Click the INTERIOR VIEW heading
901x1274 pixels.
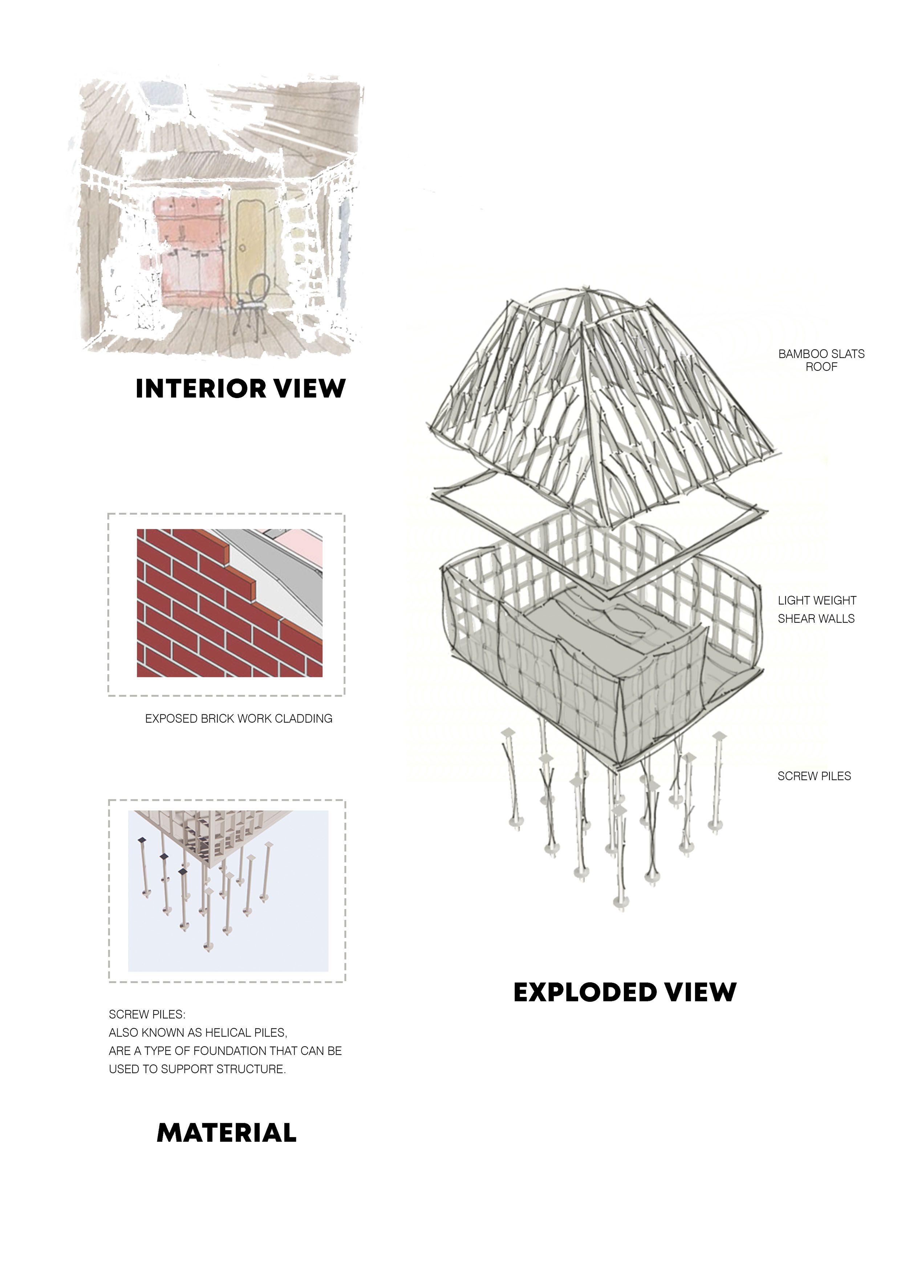[240, 389]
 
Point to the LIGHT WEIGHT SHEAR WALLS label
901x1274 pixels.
[817, 609]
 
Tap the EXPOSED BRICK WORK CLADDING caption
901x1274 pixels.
[239, 719]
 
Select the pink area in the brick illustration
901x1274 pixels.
[303, 544]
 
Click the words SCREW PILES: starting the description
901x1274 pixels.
[147, 1014]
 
